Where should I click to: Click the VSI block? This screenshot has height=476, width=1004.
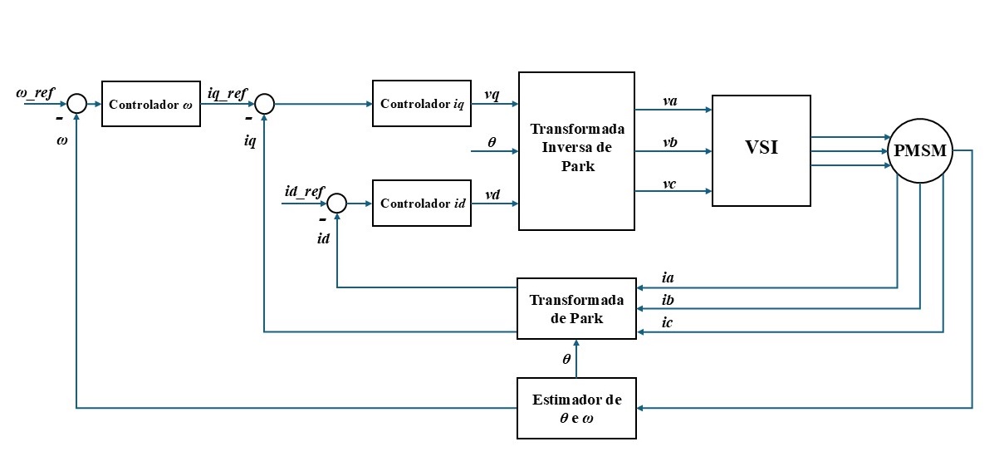coord(762,150)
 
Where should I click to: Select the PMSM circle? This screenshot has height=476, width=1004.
coord(920,151)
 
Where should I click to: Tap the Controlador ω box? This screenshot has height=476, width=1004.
coord(151,104)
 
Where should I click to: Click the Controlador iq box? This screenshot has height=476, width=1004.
coord(422,104)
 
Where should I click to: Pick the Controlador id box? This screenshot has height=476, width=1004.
coord(422,203)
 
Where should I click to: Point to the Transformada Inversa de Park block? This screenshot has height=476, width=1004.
coord(577,150)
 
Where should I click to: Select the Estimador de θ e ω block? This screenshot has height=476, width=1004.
coord(577,408)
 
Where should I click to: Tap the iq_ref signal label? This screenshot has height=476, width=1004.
coord(227,92)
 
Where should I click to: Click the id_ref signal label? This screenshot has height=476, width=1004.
coord(303,192)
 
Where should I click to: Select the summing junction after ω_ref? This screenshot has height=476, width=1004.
coord(76,104)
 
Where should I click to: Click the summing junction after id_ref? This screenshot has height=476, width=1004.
coord(336,203)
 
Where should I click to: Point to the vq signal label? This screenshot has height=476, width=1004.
coord(492,93)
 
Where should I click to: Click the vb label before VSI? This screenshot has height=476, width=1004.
coord(669,142)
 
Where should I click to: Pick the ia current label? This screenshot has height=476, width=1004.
coord(669,277)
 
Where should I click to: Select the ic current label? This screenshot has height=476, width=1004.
coord(669,321)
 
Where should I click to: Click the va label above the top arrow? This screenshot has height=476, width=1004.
coord(669,101)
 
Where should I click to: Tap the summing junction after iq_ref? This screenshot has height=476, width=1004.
coord(264,104)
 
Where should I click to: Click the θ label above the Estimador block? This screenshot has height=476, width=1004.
coord(566,359)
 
